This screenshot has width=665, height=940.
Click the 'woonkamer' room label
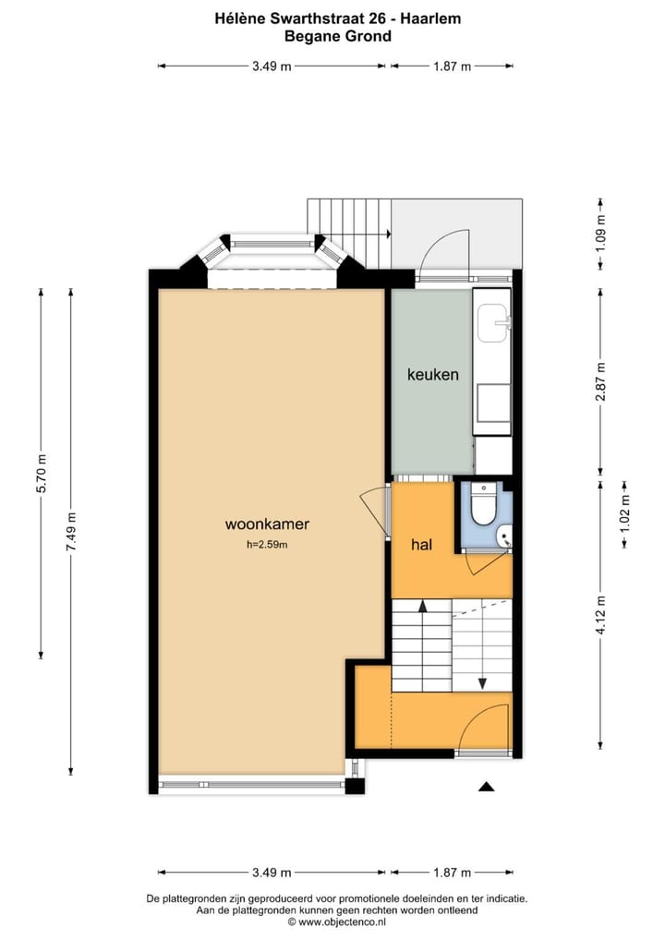pyautogui.click(x=267, y=524)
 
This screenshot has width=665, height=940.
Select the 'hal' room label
pyautogui.click(x=422, y=545)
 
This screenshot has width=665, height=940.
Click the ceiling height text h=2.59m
pyautogui.click(x=267, y=545)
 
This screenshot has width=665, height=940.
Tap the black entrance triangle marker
pyautogui.click(x=487, y=787)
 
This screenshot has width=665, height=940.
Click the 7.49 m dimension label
pyautogui.click(x=71, y=533)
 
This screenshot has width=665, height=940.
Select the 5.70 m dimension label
pyautogui.click(x=41, y=473)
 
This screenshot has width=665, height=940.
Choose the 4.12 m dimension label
pyautogui.click(x=600, y=614)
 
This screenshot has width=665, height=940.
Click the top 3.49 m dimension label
pyautogui.click(x=272, y=66)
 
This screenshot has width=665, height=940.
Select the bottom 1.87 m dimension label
pyautogui.click(x=452, y=873)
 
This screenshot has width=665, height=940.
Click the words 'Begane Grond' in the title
pyautogui.click(x=338, y=37)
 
